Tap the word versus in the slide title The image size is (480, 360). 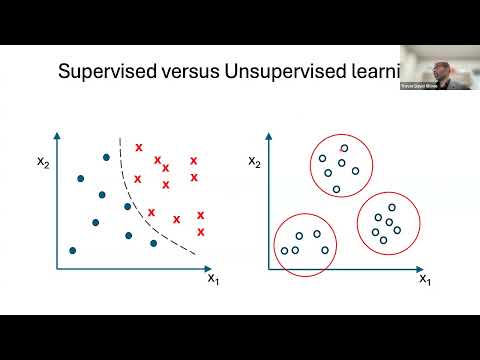pos(197,72)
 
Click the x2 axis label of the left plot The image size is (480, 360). pos(39,161)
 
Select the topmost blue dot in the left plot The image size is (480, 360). pos(106,157)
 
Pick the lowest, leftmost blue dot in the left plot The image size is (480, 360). pos(72,250)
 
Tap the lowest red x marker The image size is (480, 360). pos(201,232)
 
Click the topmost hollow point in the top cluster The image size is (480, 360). pos(344,148)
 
